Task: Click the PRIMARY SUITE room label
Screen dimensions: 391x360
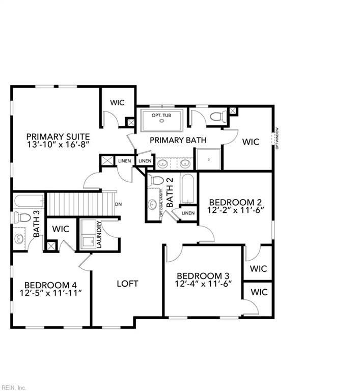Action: pyautogui.click(x=58, y=136)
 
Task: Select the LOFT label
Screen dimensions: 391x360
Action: pyautogui.click(x=127, y=284)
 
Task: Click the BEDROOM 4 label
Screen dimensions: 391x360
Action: pyautogui.click(x=50, y=285)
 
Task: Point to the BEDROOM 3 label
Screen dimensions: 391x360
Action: pyautogui.click(x=203, y=275)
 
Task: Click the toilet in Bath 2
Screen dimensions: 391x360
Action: pyautogui.click(x=157, y=181)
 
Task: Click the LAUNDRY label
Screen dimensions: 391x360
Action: pyautogui.click(x=99, y=235)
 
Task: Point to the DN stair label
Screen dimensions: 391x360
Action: pyautogui.click(x=119, y=204)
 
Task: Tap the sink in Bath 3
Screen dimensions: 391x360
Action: pyautogui.click(x=19, y=238)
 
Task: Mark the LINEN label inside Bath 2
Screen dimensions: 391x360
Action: pyautogui.click(x=188, y=213)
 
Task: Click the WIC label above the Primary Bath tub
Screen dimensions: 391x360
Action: pyautogui.click(x=117, y=102)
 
